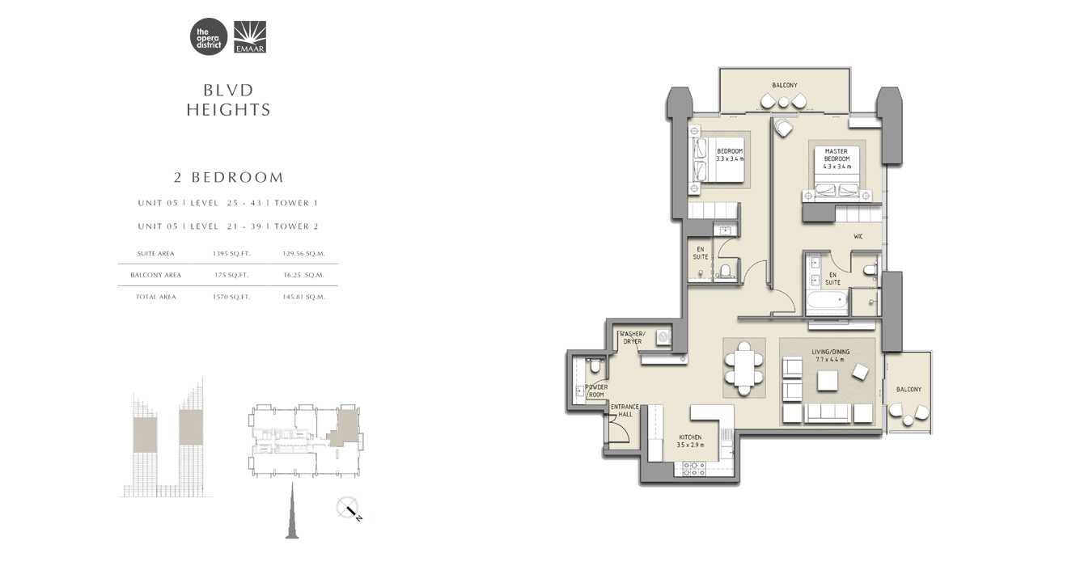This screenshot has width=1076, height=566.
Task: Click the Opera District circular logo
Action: click(x=208, y=37)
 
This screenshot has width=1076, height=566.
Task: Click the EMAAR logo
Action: click(x=250, y=37)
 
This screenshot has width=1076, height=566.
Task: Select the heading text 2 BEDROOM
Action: click(x=229, y=177)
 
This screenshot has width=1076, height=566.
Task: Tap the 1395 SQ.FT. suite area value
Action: click(x=231, y=254)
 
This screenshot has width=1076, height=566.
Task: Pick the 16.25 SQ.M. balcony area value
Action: click(x=303, y=275)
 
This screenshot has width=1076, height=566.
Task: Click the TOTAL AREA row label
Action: click(x=155, y=297)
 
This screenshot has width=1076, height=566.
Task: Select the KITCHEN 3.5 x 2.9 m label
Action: click(x=691, y=441)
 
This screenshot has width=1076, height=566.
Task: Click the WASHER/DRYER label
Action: click(x=631, y=337)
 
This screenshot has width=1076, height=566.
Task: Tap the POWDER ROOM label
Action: click(x=596, y=391)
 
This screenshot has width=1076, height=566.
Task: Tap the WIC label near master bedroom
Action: click(x=858, y=237)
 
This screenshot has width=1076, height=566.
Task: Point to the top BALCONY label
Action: click(x=784, y=85)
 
